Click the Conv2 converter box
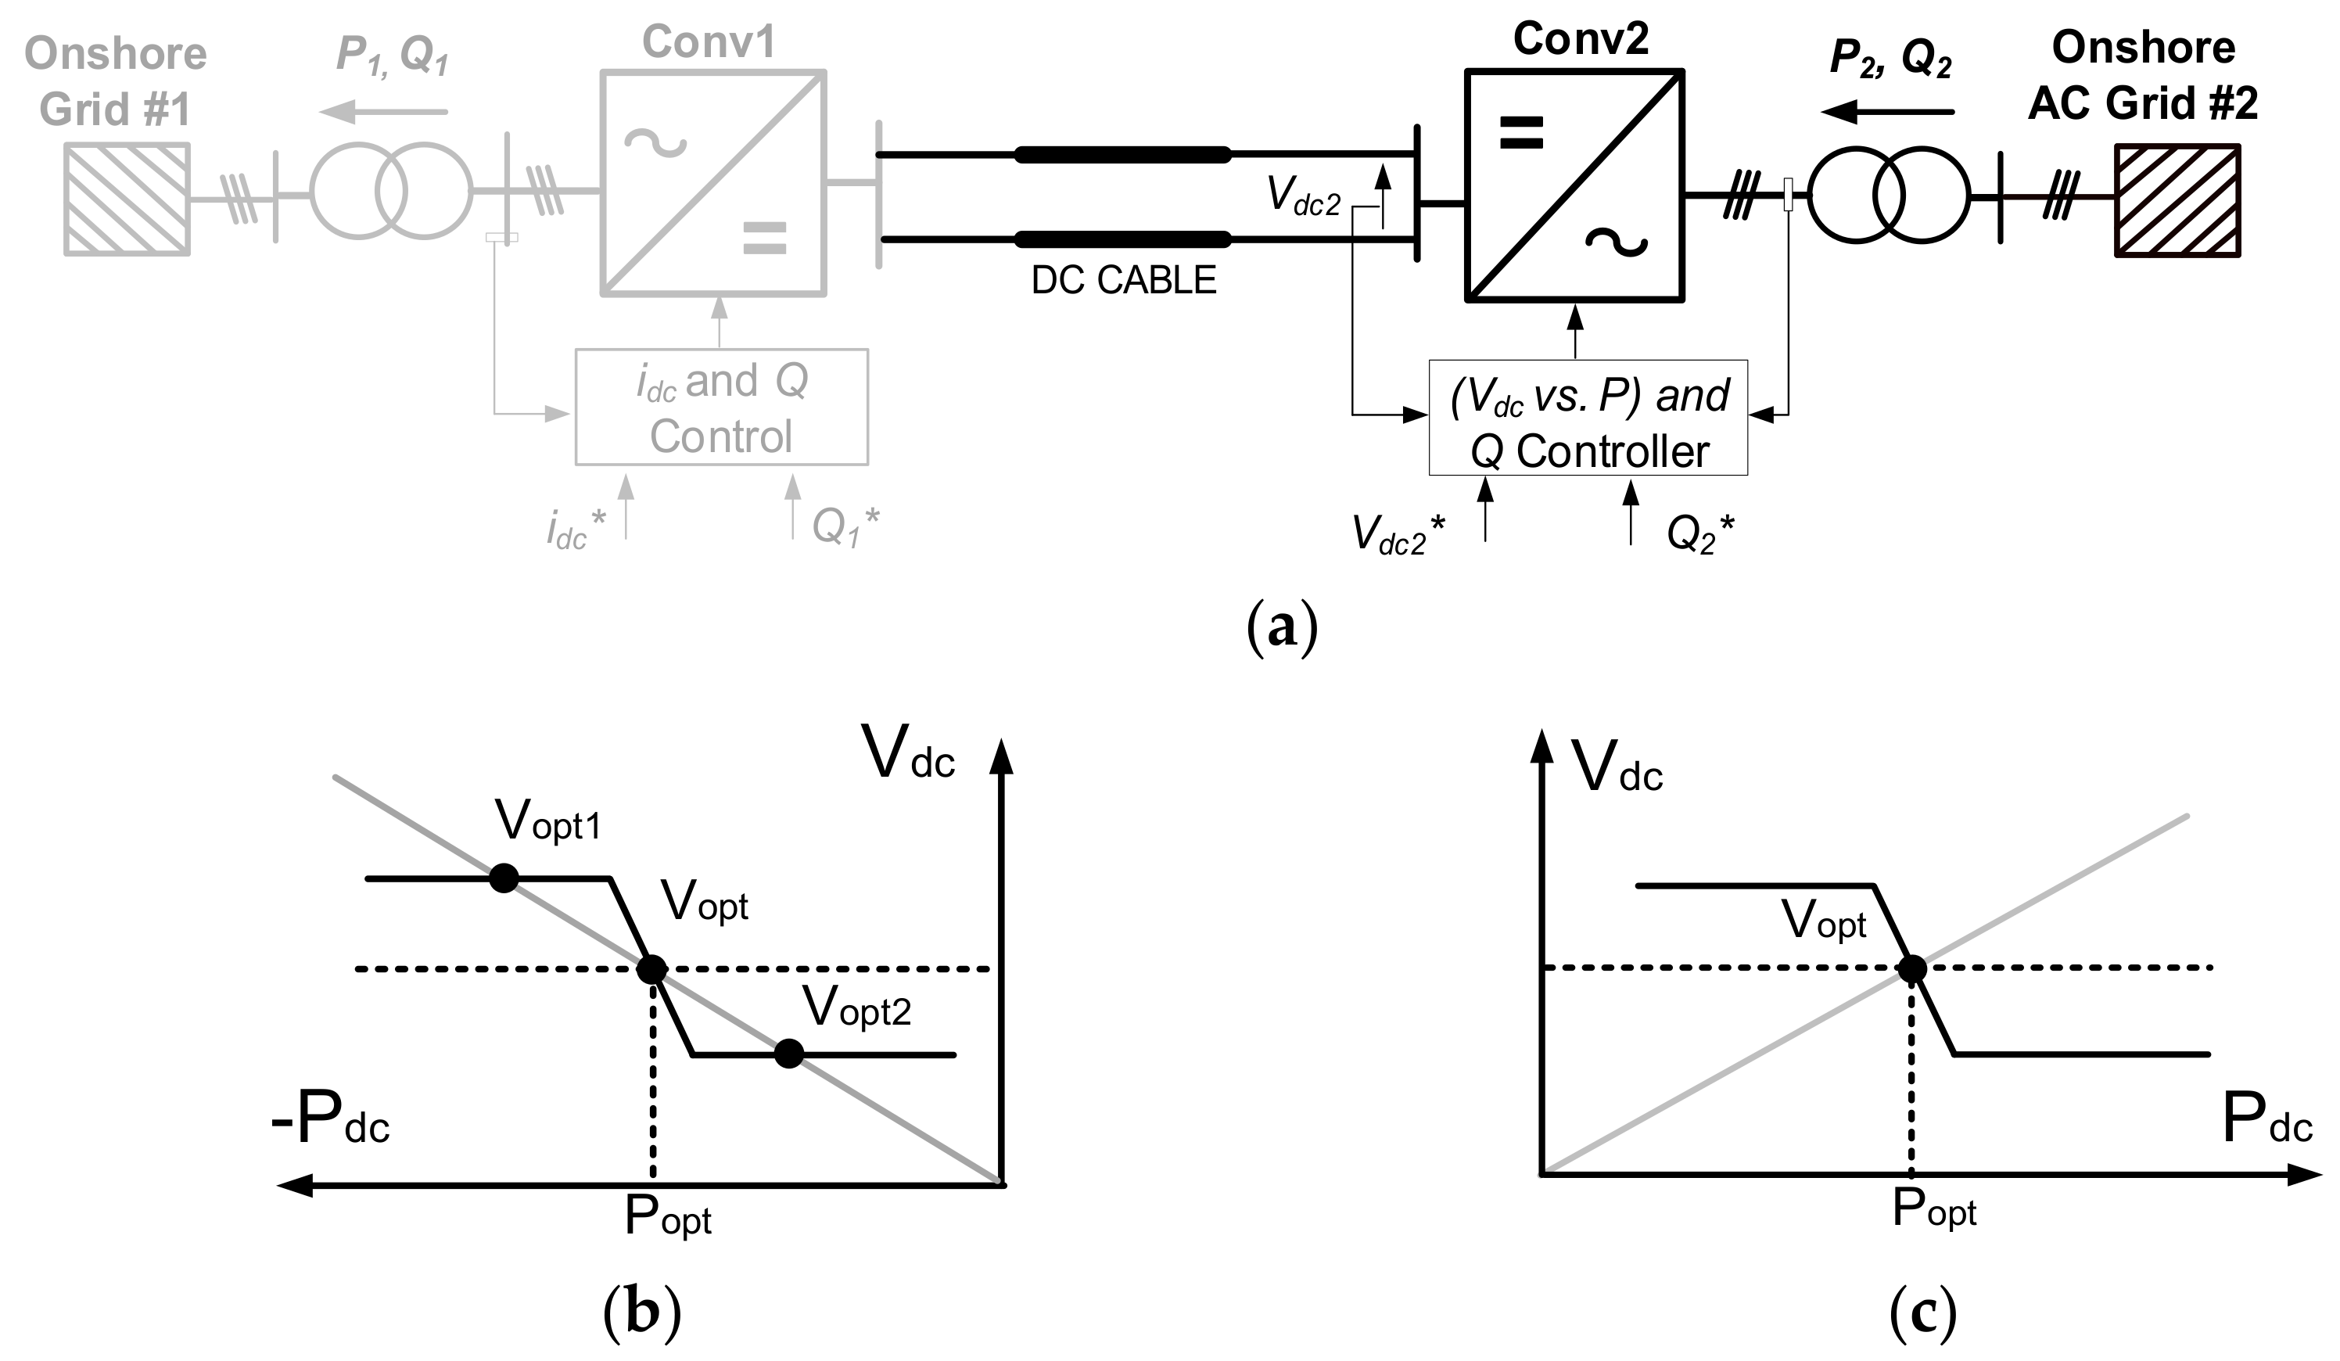pyautogui.click(x=1574, y=185)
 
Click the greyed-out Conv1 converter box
pyautogui.click(x=712, y=183)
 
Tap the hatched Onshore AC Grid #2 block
pyautogui.click(x=2177, y=199)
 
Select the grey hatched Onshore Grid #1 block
pyautogui.click(x=127, y=199)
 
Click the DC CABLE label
pyautogui.click(x=1124, y=280)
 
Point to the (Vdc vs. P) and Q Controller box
pyautogui.click(x=1588, y=418)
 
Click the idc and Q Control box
pyautogui.click(x=722, y=408)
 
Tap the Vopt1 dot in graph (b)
pyautogui.click(x=504, y=878)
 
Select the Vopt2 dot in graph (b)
pyautogui.click(x=788, y=1054)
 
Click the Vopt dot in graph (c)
pyautogui.click(x=1911, y=969)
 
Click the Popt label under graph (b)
pyautogui.click(x=668, y=1216)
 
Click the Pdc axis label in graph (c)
pyautogui.click(x=2266, y=1121)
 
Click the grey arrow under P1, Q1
pyautogui.click(x=382, y=113)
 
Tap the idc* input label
pyautogui.click(x=576, y=530)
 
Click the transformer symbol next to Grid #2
pyautogui.click(x=1888, y=196)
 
